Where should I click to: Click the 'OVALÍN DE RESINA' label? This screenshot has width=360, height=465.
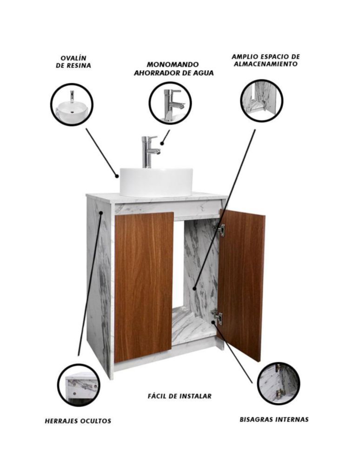73,62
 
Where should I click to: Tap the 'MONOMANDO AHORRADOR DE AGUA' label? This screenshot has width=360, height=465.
173,69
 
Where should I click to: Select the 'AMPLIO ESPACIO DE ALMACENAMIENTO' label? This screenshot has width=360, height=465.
266,60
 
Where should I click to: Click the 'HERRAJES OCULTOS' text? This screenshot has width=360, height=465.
78,420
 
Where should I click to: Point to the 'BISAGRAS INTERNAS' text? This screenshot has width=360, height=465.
274,419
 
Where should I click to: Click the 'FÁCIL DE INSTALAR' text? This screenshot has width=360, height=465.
180,396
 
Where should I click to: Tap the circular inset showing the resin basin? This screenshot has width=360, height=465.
72,105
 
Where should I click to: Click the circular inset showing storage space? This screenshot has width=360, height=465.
261,100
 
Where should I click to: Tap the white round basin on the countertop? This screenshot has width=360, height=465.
156,182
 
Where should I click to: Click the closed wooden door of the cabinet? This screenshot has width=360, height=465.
144,287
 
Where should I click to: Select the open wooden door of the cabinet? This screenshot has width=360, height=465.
241,285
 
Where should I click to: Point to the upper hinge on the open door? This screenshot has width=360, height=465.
219,230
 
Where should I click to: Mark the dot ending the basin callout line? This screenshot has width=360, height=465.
117,176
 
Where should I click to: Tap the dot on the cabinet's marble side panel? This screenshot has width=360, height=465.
101,213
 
